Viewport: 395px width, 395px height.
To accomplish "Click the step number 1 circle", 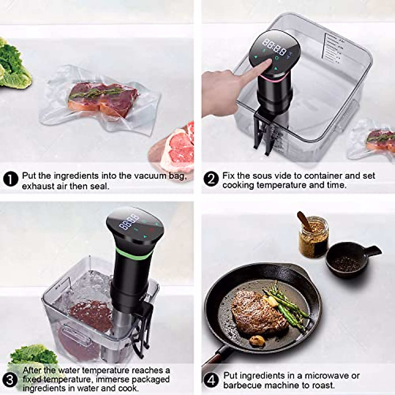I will pos(11,180).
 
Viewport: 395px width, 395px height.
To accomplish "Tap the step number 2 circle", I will pos(211,179).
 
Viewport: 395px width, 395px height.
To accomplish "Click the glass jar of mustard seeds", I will pos(313,237).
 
